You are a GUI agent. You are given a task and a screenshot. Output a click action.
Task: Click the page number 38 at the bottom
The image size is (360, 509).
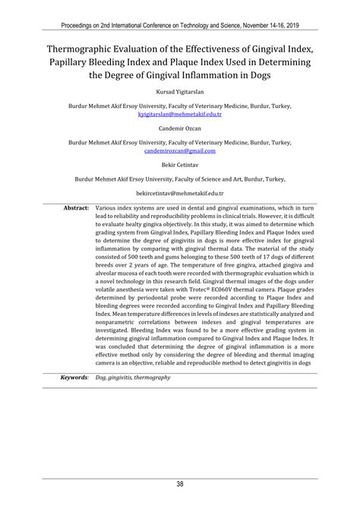tap(180, 484)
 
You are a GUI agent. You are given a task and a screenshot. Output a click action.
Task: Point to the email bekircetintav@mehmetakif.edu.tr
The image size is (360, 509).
tap(180, 194)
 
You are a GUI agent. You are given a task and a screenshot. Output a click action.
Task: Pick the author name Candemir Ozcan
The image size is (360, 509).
tap(180, 129)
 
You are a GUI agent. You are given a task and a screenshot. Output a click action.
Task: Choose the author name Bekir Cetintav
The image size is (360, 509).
tap(180, 165)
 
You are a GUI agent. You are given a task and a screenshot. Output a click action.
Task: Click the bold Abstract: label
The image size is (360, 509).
tap(76, 207)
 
